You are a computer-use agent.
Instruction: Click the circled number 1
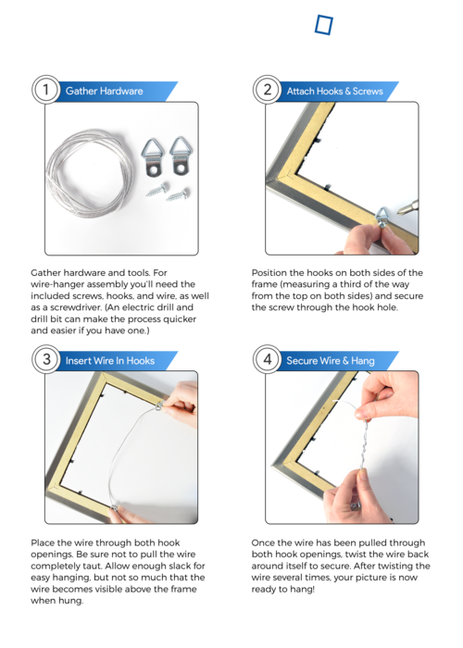point(46,90)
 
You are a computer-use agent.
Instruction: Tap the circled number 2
point(267,90)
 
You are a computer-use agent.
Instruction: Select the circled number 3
point(46,359)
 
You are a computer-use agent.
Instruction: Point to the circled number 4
point(267,359)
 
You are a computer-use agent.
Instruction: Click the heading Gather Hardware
point(104,91)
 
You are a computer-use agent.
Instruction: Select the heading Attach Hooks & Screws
point(335,91)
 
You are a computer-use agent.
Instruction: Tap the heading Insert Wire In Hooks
point(110,361)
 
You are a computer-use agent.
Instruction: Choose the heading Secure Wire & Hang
point(331,361)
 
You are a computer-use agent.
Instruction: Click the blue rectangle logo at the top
point(324,25)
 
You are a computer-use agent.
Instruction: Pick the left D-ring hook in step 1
point(153,157)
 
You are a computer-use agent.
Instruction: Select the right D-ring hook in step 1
point(181,156)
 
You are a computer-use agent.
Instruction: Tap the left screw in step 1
point(157,190)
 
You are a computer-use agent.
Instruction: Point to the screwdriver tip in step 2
point(399,211)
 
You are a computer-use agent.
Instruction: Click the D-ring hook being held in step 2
point(382,217)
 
